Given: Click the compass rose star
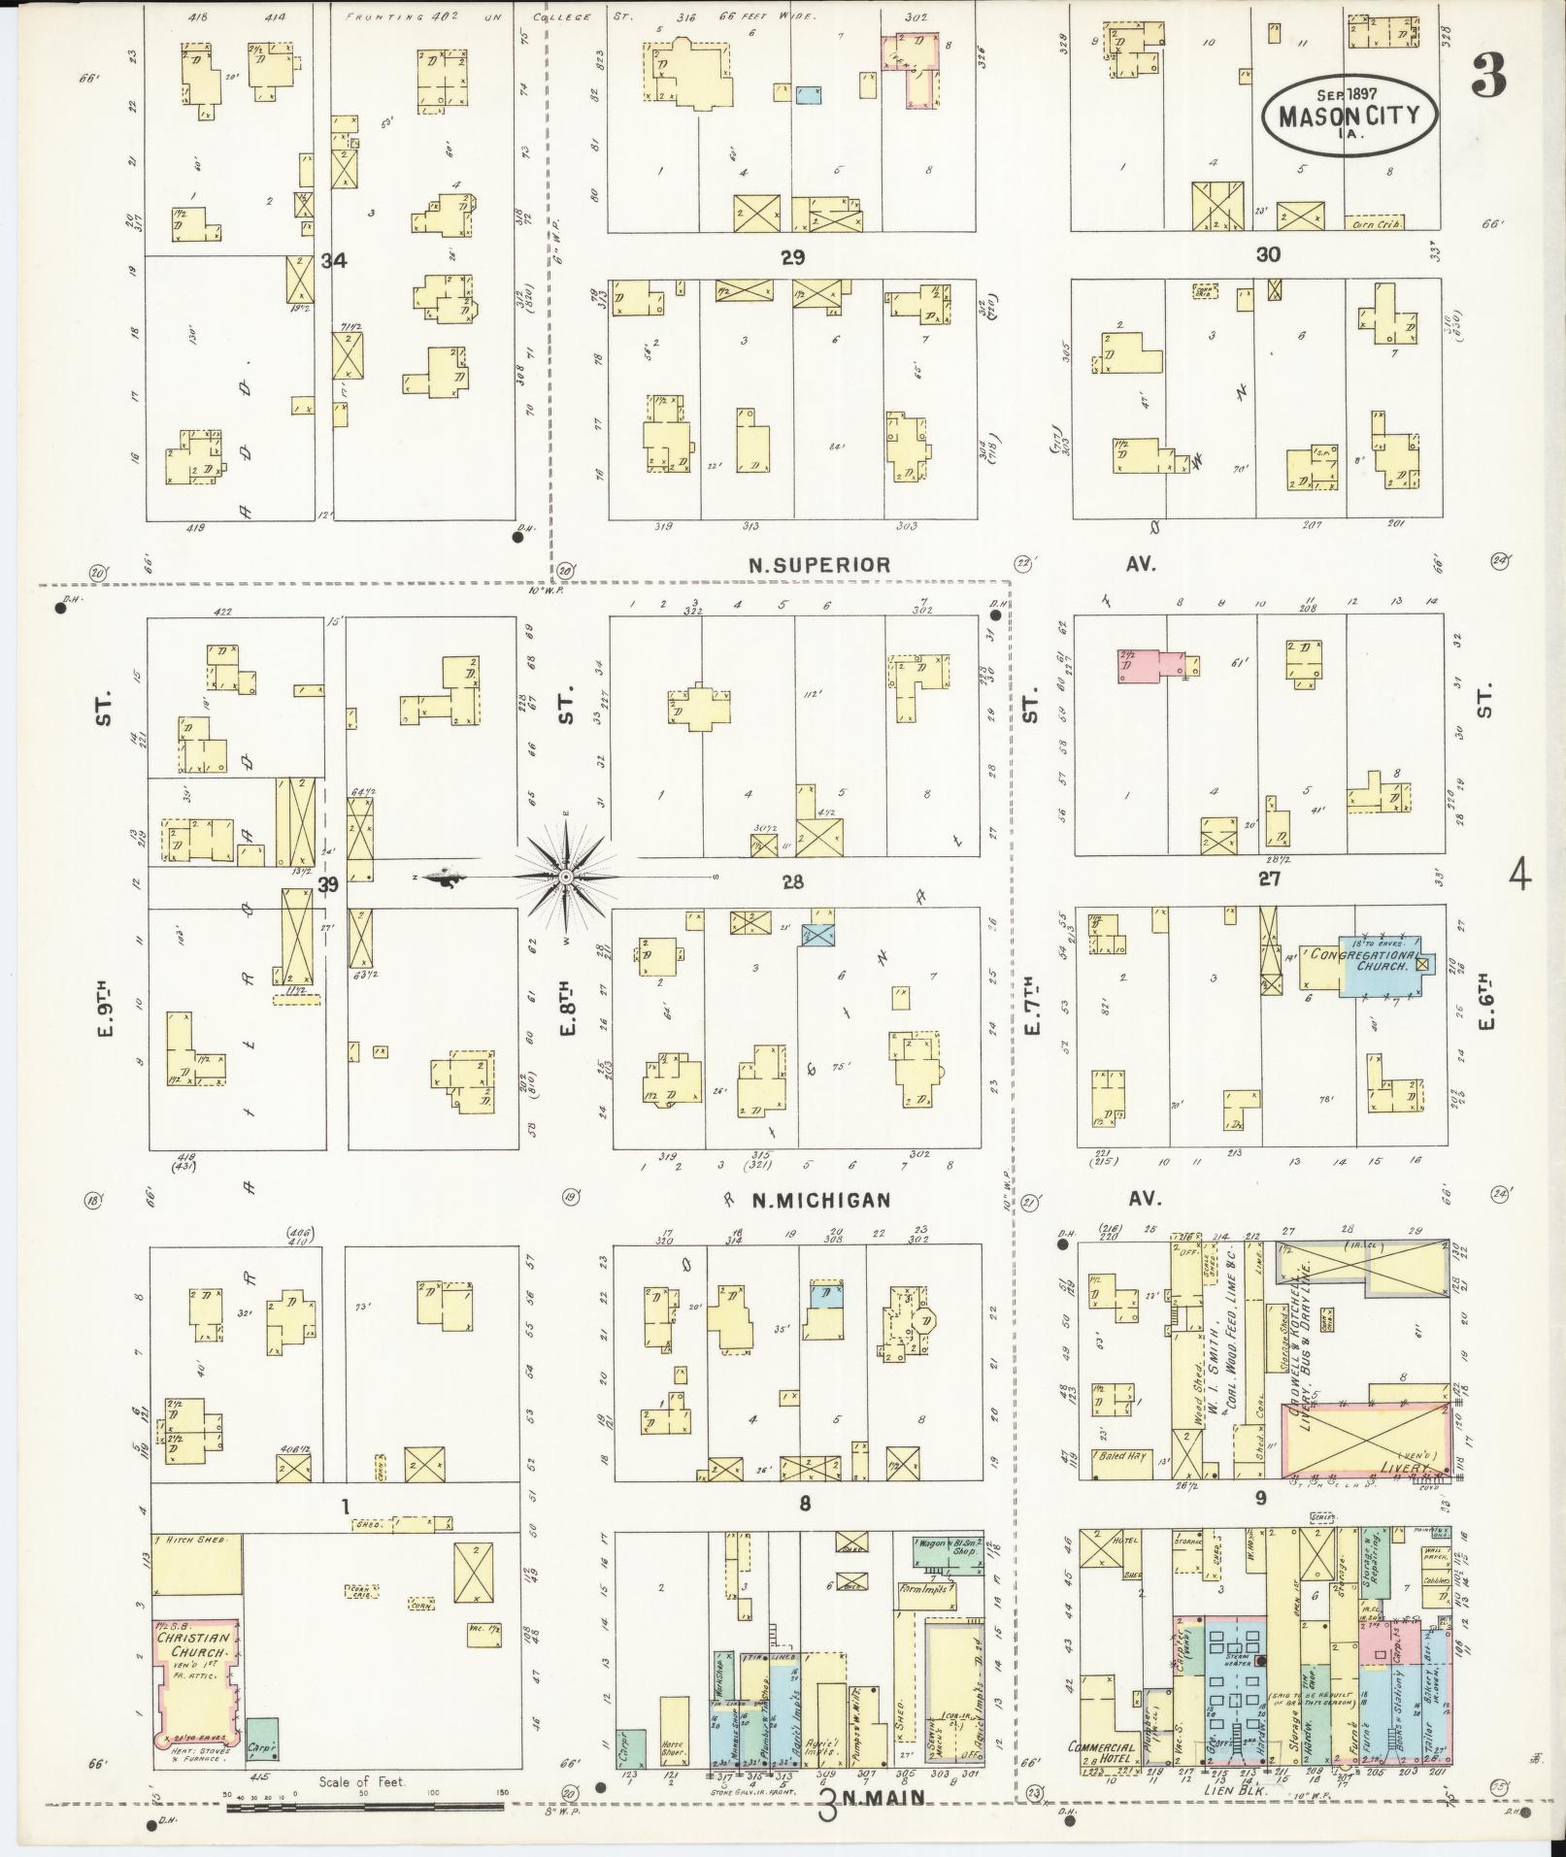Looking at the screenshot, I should pos(565,877).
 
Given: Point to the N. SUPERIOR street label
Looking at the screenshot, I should pos(818,565).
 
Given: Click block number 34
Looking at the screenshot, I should pos(334,260).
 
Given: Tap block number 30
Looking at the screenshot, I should pos(1268,254).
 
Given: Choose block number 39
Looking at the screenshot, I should pos(331,882).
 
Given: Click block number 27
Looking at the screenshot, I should pos(1269,879).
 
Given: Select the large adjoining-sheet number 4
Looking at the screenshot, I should pos(1519,878).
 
